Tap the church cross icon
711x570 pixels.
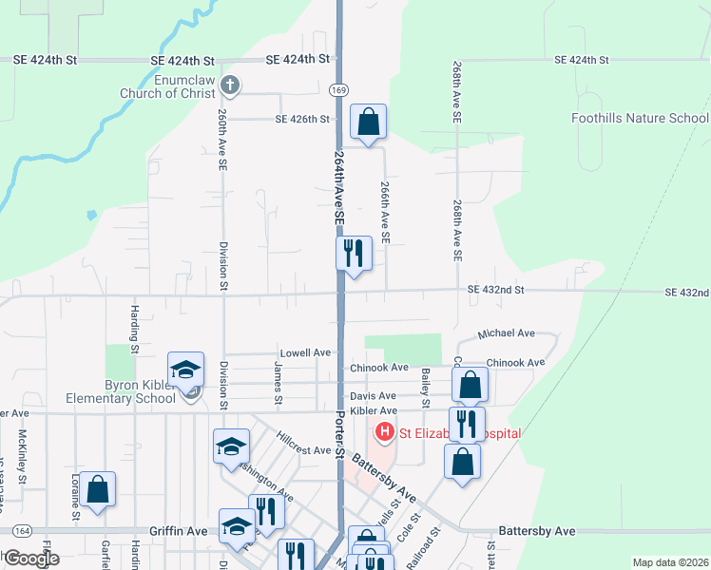[229, 85]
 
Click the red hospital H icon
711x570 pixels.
[385, 434]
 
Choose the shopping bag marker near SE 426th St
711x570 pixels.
[368, 123]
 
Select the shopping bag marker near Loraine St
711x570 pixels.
[97, 490]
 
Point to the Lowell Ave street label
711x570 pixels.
[305, 352]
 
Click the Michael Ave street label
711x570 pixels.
[506, 334]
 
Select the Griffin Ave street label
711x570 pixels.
[178, 532]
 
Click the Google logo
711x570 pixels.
[31, 559]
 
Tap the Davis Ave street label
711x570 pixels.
[373, 396]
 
